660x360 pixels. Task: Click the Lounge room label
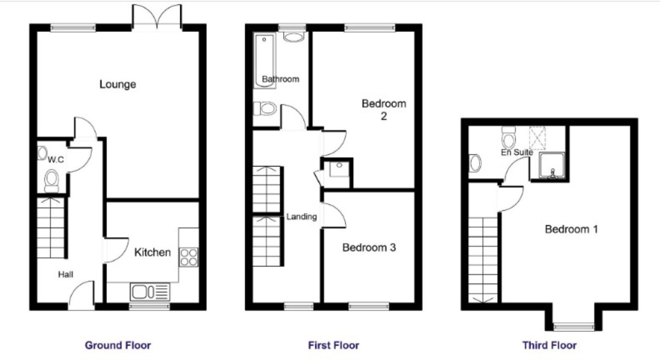pyautogui.click(x=118, y=85)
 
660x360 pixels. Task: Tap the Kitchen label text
pyautogui.click(x=153, y=253)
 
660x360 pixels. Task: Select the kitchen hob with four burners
pyautogui.click(x=189, y=257)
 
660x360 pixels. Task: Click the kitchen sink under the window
pyautogui.click(x=150, y=291)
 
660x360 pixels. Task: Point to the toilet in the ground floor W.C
pyautogui.click(x=52, y=180)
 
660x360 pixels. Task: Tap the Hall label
pyautogui.click(x=67, y=274)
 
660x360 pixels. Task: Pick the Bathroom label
pyautogui.click(x=280, y=79)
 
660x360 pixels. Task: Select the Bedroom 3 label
pyautogui.click(x=369, y=248)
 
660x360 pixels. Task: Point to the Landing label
pyautogui.click(x=301, y=217)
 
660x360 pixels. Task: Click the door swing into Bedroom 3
pyautogui.click(x=334, y=214)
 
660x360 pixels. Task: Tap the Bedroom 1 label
pyautogui.click(x=571, y=229)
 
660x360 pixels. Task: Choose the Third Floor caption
pyautogui.click(x=549, y=345)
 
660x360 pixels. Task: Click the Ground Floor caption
pyautogui.click(x=118, y=345)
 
